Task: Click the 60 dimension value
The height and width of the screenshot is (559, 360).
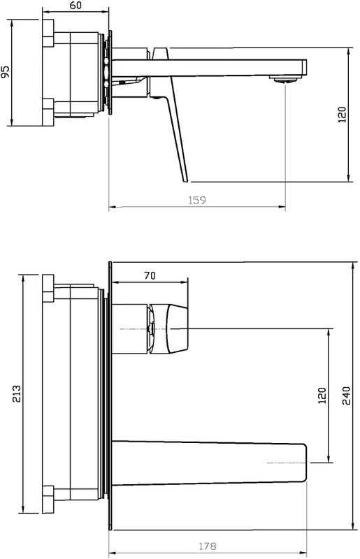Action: [75, 5]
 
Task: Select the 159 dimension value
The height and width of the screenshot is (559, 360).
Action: [197, 200]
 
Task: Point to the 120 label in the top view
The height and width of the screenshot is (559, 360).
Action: [342, 115]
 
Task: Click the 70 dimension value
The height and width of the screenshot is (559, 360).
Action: [150, 275]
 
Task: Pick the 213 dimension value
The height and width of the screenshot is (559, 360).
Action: [16, 393]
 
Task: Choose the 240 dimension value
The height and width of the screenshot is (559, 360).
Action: [347, 395]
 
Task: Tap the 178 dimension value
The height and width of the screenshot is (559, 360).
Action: [208, 546]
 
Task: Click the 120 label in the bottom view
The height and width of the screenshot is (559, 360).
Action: [322, 395]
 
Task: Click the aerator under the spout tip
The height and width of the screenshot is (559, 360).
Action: [285, 80]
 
